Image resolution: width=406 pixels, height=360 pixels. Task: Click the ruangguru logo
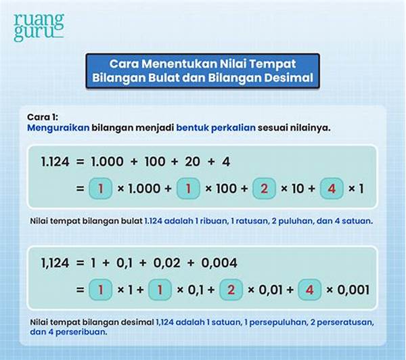coord(39,27)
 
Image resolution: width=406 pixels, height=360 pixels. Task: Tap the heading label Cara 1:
coord(43,117)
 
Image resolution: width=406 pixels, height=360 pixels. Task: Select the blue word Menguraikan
coord(58,128)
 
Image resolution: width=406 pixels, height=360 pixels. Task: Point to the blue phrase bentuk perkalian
coord(216,128)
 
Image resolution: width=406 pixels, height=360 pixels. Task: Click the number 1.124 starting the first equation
coord(55,162)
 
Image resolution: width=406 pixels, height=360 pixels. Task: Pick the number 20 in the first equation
coord(192,162)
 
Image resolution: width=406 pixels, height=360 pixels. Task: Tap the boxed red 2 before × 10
coord(264,188)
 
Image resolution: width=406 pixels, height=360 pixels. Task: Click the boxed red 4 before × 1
coord(332,188)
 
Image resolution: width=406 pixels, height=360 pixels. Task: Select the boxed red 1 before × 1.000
coord(100,188)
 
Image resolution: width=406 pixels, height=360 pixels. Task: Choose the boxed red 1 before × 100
coord(188,188)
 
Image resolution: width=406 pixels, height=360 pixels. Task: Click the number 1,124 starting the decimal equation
coord(55,263)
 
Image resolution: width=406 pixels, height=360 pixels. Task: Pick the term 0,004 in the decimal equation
coord(219,263)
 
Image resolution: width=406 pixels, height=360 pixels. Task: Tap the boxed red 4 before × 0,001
coord(310,290)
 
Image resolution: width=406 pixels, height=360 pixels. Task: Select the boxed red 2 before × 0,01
coord(231,290)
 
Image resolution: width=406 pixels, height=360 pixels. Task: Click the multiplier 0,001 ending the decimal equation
coord(353,290)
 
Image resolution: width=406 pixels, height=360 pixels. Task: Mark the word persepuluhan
coord(278,323)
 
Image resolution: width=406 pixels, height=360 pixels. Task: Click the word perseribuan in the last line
coord(81,332)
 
